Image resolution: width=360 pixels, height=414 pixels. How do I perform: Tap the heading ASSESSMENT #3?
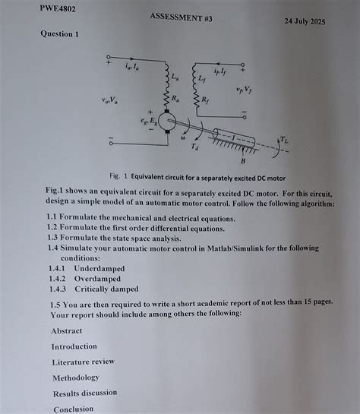(181, 16)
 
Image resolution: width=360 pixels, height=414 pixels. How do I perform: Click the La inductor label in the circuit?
(176, 77)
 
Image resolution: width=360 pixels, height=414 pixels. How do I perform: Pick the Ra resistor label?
(176, 98)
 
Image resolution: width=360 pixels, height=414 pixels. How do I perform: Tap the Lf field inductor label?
(201, 77)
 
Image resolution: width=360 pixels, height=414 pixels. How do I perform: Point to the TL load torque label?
(283, 140)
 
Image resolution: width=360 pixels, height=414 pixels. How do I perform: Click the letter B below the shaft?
(243, 160)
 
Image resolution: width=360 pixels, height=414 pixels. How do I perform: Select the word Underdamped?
(99, 269)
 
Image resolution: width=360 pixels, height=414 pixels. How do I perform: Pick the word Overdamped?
(97, 279)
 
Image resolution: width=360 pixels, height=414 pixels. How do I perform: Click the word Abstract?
(67, 330)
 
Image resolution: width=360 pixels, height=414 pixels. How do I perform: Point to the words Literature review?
(83, 362)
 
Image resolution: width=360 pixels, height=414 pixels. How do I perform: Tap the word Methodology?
(76, 378)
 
